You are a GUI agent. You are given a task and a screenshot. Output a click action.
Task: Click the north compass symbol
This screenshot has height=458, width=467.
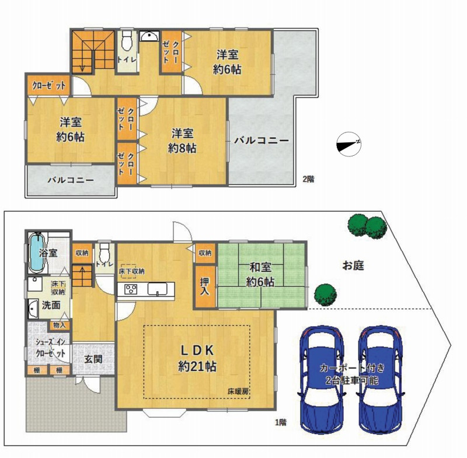point(348,144)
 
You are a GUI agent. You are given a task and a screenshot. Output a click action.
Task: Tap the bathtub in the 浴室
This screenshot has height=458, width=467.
point(37,253)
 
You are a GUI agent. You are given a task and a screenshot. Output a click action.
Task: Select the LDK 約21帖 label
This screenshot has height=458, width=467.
point(197,359)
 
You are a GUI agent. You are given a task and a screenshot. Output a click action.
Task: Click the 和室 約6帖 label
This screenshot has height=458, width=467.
point(260,274)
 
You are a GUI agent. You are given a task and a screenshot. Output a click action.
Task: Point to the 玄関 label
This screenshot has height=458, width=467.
point(93,359)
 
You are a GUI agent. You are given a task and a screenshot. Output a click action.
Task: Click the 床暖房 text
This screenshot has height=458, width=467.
point(238,391)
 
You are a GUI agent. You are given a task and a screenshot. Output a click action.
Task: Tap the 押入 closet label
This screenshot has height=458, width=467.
point(205,286)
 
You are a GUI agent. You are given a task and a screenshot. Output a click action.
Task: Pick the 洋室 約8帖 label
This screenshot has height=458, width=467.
point(182,141)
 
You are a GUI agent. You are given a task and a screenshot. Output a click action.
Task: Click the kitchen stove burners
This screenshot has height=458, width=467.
point(130,289)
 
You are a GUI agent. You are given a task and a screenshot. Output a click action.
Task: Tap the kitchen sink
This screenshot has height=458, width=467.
point(157,289)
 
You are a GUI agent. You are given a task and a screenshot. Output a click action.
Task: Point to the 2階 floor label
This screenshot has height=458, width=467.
point(308,180)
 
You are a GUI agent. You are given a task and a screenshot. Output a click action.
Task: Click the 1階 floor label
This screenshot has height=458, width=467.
point(280,422)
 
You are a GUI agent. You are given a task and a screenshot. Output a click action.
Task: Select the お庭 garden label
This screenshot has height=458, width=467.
point(353,265)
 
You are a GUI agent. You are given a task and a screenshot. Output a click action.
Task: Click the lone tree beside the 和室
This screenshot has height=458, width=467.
point(326,295)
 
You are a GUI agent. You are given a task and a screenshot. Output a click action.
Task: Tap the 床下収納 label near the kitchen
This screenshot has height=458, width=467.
point(131,271)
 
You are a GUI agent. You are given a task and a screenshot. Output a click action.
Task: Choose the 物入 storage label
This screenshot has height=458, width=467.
point(60,325)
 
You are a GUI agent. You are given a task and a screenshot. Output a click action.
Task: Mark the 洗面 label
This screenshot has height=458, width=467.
point(51,305)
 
